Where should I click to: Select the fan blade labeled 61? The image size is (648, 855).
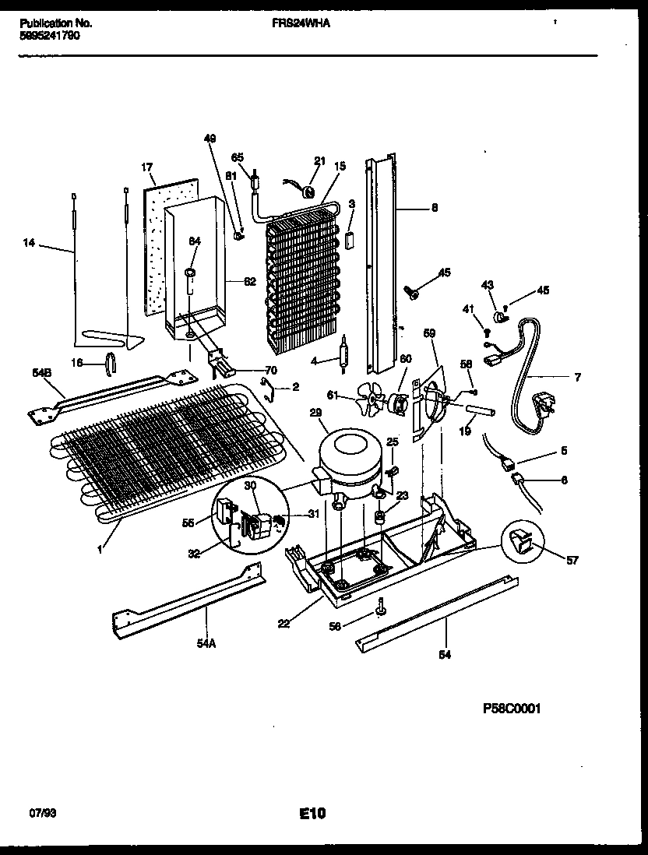[x=373, y=399]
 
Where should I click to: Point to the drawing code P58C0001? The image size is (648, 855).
[x=511, y=708]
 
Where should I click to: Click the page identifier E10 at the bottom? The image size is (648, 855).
[x=312, y=814]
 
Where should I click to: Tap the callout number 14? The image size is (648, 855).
[x=30, y=244]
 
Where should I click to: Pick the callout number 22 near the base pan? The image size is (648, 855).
[x=284, y=623]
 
